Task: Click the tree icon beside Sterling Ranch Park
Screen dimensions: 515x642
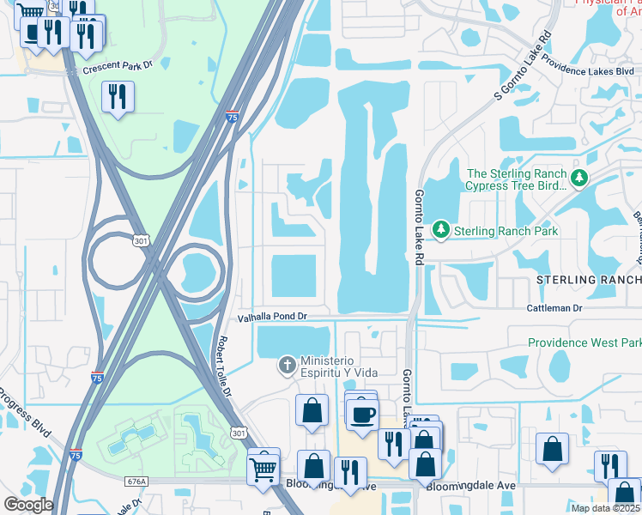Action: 441,230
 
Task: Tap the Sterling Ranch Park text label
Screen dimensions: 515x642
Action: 506,231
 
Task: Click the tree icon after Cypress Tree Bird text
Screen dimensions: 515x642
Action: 580,179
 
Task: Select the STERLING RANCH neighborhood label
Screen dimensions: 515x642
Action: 589,280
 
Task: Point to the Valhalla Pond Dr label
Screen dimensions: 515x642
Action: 272,317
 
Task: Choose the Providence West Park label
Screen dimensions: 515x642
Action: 584,342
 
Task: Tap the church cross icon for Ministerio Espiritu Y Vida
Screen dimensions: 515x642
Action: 286,367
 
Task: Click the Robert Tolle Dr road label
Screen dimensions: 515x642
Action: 223,367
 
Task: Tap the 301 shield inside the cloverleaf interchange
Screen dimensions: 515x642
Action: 141,242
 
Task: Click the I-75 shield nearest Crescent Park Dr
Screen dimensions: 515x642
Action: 233,116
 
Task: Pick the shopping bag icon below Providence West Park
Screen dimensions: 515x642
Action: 553,449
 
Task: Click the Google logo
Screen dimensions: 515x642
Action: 28,504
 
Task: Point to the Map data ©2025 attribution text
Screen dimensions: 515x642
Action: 604,508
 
